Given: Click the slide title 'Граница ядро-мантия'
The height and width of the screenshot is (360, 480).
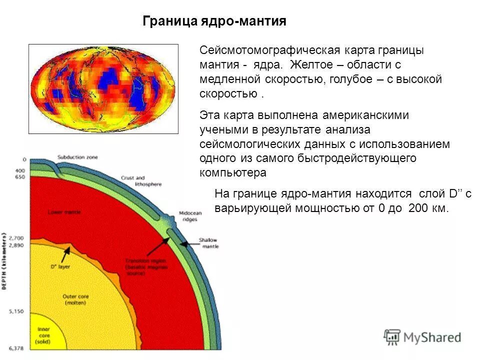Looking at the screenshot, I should [214, 21].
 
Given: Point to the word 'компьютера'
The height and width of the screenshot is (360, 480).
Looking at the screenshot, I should [233, 173].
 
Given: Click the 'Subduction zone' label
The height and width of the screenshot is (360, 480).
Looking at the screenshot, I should [77, 157].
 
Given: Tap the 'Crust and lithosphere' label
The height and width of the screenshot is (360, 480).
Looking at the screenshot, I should [141, 181].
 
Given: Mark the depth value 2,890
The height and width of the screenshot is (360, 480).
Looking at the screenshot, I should [16, 246].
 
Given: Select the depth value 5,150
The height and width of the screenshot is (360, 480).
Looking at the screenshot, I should [16, 311].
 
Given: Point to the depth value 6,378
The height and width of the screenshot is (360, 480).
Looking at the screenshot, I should [16, 347].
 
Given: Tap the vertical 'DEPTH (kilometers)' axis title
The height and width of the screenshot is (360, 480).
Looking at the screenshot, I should [4, 261].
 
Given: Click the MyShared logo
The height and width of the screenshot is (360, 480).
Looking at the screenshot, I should [422, 337].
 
